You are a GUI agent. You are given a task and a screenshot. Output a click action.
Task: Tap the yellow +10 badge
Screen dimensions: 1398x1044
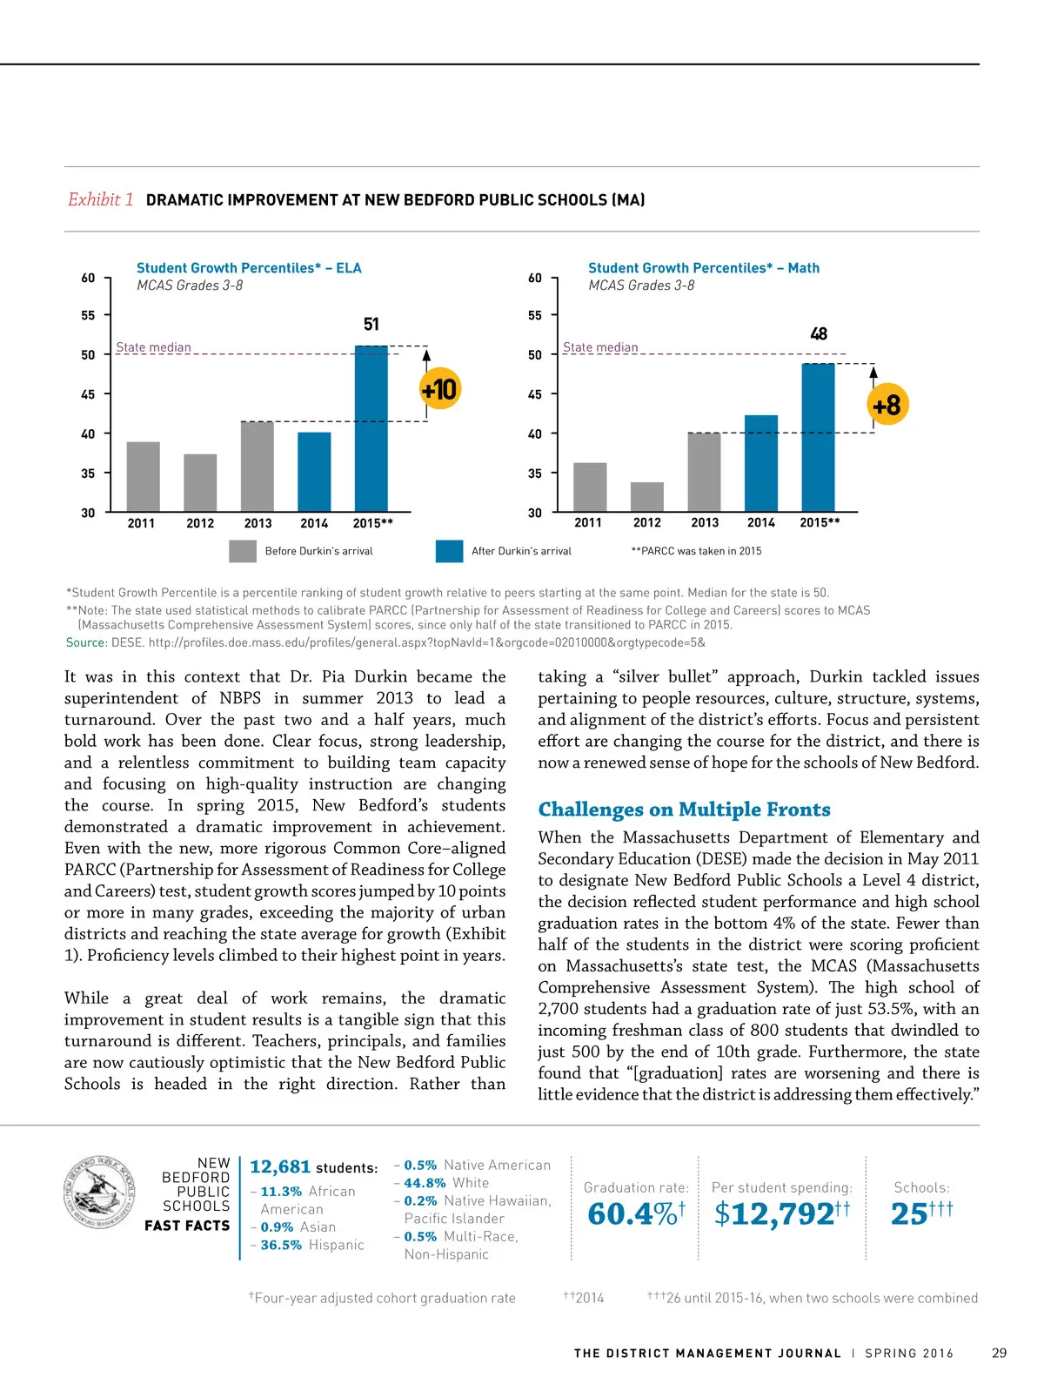coord(439,389)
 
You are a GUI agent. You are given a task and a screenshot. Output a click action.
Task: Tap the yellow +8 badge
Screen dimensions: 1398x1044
coord(887,405)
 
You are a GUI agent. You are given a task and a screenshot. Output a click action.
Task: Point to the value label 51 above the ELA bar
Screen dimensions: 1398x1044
coord(371,325)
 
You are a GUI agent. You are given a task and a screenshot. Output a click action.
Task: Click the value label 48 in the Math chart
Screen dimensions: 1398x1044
coord(819,334)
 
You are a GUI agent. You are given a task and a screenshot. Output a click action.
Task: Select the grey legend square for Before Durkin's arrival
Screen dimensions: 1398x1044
coord(243,551)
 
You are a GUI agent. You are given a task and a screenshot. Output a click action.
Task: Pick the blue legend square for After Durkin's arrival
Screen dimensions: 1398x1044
coord(449,551)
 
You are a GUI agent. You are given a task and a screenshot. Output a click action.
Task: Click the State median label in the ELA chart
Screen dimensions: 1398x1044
coord(153,347)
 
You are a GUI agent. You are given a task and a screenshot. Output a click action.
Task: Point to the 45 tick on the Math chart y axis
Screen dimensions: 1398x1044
coord(534,394)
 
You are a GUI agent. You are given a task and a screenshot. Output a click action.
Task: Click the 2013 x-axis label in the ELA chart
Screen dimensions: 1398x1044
coord(258,523)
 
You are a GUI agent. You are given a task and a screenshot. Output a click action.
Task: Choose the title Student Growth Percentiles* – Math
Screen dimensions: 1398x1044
coord(703,268)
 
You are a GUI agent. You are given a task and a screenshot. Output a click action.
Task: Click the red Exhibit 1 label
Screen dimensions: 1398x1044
coord(101,199)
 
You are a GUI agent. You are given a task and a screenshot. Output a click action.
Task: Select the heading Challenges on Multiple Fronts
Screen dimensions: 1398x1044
coord(684,810)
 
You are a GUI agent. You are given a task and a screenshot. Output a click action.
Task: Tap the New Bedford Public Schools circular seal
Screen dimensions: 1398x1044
coord(100,1193)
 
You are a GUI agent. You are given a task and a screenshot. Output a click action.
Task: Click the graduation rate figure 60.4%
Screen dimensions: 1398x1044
coord(632,1213)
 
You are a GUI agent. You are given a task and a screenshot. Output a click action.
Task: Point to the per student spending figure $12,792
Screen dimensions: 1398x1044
coord(774,1213)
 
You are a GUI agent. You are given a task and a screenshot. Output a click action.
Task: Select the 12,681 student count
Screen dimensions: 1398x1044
coord(280,1167)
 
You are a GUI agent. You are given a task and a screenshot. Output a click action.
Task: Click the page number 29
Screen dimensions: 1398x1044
coord(999,1353)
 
